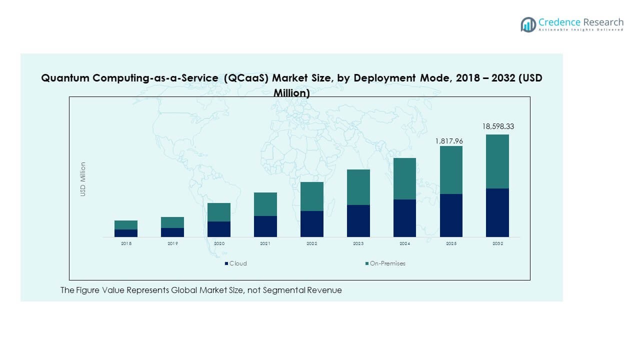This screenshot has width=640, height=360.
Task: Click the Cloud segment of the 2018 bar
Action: (126, 233)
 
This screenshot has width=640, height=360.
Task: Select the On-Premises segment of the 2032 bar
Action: (497, 161)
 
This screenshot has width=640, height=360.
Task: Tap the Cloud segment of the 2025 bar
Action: (451, 215)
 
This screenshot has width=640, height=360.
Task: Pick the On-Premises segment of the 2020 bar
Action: (219, 212)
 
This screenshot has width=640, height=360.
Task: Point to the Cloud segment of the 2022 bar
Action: (312, 224)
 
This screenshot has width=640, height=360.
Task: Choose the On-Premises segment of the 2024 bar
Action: (404, 179)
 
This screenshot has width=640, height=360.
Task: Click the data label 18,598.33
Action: (497, 127)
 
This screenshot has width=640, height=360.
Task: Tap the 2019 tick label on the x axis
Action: (172, 243)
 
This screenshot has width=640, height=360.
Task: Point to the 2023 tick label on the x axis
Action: (358, 243)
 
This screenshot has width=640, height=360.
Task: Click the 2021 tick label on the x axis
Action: (265, 243)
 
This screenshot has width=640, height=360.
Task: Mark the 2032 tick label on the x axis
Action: (497, 243)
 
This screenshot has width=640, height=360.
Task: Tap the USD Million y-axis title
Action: (83, 179)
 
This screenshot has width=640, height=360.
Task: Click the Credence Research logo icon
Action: (528, 24)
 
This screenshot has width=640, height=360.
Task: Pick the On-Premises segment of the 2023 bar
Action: (358, 187)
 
